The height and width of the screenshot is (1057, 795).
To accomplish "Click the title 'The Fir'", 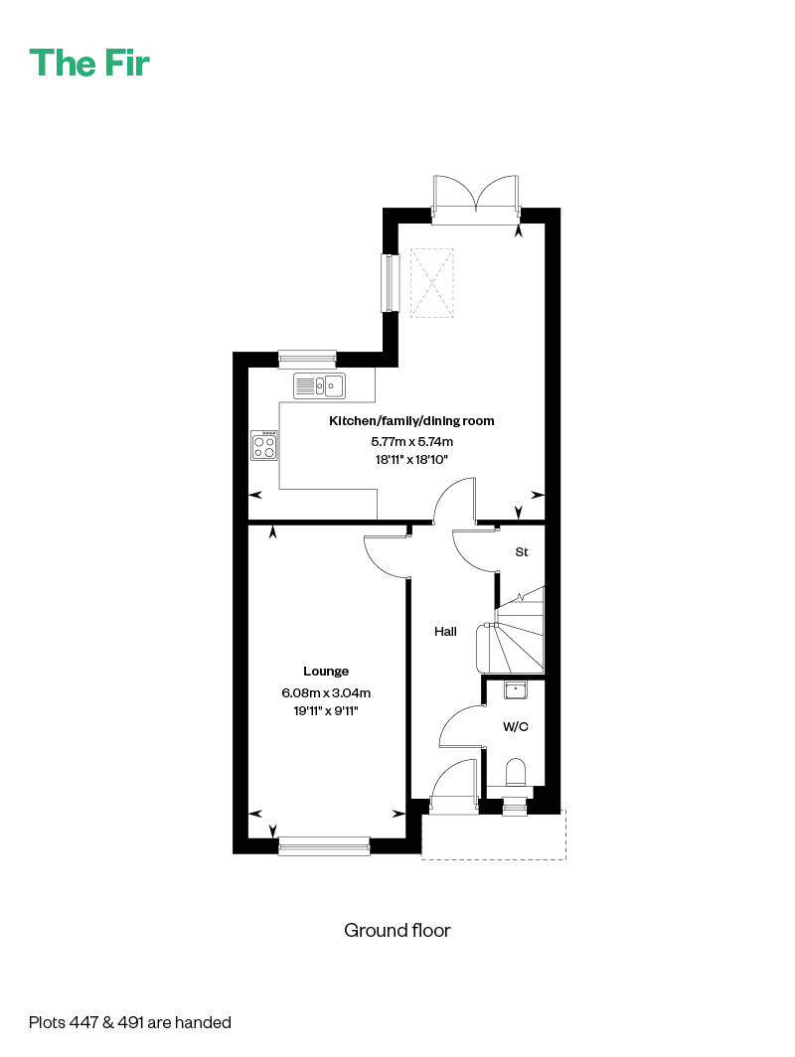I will point(89,63).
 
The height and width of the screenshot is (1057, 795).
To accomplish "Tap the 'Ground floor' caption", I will point(397,931).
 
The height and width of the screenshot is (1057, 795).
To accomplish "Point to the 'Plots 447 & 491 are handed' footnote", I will point(130,1021).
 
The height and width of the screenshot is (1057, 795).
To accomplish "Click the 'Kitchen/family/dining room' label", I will point(411,421).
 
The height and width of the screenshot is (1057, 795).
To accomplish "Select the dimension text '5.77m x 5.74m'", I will point(411,441).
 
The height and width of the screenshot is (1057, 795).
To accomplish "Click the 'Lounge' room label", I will point(326,672).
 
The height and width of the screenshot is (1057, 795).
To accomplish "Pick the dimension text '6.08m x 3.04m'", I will point(326,692).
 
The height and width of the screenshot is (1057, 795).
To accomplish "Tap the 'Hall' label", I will point(445,631).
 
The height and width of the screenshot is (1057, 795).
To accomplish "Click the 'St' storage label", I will point(521,551).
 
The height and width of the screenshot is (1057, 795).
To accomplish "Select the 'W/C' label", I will point(515,727).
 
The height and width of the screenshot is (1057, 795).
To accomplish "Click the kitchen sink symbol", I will point(318,385).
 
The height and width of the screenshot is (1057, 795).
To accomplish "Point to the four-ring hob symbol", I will point(264,445).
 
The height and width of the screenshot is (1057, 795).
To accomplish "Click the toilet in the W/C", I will point(515,773).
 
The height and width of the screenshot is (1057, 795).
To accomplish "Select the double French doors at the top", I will point(476,193).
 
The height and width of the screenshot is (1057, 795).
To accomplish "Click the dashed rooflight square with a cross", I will point(432,283).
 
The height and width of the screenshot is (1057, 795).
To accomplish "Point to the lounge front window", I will point(324,845).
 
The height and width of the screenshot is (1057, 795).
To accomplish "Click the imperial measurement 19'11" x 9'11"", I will point(326,711).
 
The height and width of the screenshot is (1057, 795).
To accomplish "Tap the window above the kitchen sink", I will point(307,358).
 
